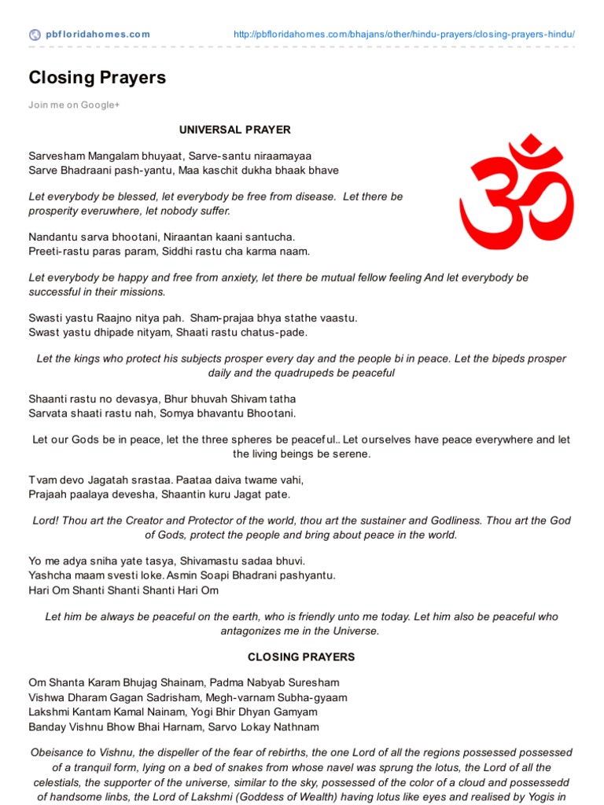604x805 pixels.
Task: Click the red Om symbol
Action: tap(516, 193)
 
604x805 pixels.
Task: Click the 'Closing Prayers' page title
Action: tap(98, 77)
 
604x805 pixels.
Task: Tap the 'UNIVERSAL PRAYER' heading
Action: tap(235, 130)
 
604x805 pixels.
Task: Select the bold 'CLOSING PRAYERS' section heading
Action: tap(301, 656)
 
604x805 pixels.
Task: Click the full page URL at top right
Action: tap(405, 35)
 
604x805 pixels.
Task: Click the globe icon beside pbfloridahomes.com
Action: tap(35, 35)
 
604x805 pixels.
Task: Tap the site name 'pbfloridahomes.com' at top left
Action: tap(98, 35)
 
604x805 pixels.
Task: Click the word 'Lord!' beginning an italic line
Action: tap(46, 520)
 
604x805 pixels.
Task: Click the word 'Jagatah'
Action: tap(93, 480)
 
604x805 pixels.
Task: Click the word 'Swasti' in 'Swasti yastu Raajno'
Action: tap(46, 318)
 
